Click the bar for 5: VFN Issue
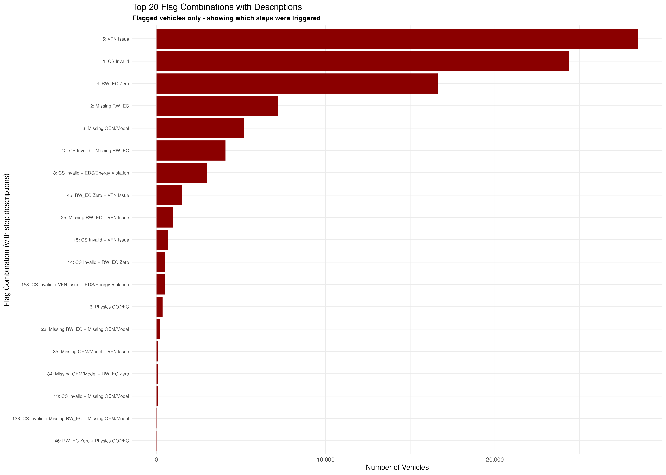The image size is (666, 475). coord(397,39)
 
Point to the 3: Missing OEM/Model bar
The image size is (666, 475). coord(200,128)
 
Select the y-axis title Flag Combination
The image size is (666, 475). coord(7,240)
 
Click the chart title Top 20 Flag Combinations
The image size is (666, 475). coord(217,7)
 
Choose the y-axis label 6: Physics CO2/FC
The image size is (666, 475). coord(109,307)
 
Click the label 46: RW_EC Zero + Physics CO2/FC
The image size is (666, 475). coord(92,441)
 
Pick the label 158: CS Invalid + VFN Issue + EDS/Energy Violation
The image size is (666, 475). coord(75,285)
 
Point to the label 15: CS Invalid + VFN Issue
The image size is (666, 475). coord(101,240)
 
